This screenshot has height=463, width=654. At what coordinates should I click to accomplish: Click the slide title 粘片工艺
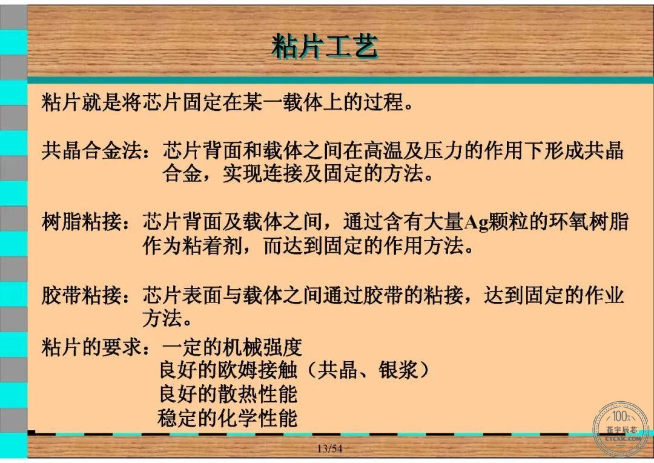pyautogui.click(x=325, y=45)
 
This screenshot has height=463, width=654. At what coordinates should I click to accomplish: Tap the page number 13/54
pyautogui.click(x=329, y=449)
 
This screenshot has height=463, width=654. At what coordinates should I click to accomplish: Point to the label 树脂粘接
pyautogui.click(x=81, y=221)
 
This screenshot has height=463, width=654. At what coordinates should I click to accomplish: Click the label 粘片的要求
pyautogui.click(x=91, y=347)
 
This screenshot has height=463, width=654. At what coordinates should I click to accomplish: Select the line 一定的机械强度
pyautogui.click(x=232, y=347)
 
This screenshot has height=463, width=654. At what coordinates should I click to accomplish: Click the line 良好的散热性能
pyautogui.click(x=228, y=394)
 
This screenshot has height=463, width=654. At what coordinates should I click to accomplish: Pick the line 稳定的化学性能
pyautogui.click(x=227, y=418)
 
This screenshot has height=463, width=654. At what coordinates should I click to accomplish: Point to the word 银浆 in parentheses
pyautogui.click(x=398, y=370)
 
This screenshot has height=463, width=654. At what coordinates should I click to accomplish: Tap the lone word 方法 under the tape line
pyautogui.click(x=162, y=318)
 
